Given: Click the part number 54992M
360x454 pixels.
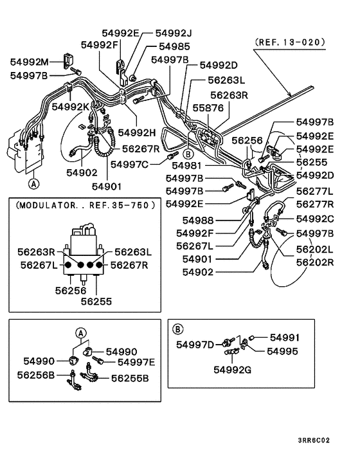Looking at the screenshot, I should coord(29,62).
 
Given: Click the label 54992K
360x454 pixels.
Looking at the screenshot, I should coord(71,107).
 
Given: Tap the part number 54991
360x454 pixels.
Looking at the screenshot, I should coord(284,338).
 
